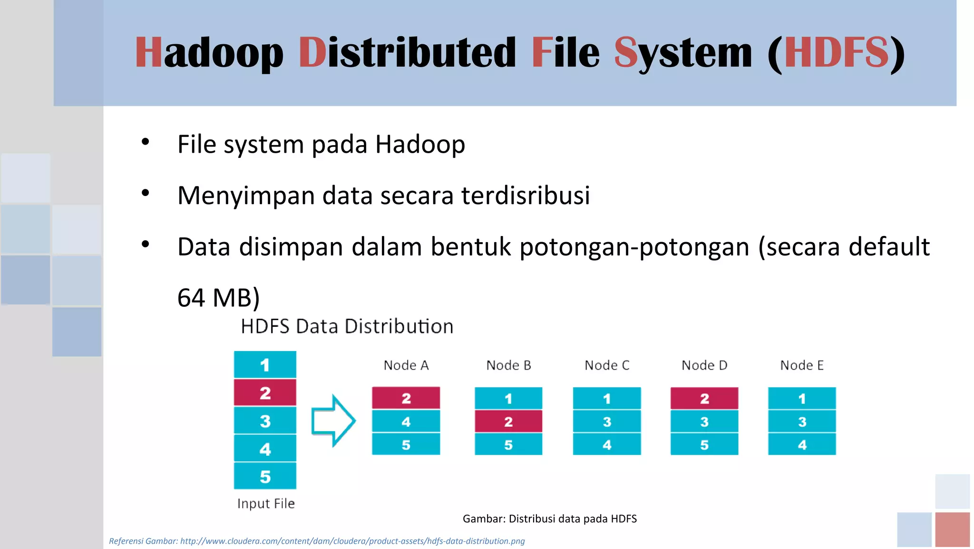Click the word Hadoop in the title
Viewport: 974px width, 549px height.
pyautogui.click(x=209, y=52)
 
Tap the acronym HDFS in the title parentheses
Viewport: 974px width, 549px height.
pyautogui.click(x=836, y=52)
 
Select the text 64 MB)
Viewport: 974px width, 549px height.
pyautogui.click(x=218, y=298)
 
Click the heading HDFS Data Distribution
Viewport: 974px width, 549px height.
pyautogui.click(x=347, y=326)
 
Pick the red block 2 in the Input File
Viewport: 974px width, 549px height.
pyautogui.click(x=265, y=393)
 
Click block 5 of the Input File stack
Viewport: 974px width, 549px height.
pyautogui.click(x=265, y=476)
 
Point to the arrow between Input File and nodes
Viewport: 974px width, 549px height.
pyautogui.click(x=333, y=421)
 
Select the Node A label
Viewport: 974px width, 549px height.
pyautogui.click(x=406, y=365)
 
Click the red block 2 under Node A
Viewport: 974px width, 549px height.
pyautogui.click(x=406, y=398)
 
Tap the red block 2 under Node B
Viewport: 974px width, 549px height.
pyautogui.click(x=508, y=422)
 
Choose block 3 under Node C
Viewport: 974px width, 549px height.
pyautogui.click(x=607, y=422)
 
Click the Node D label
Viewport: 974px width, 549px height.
pyautogui.click(x=704, y=365)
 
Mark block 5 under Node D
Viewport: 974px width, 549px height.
pyautogui.click(x=704, y=445)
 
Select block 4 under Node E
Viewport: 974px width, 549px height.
pyautogui.click(x=802, y=445)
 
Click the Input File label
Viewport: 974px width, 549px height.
pyautogui.click(x=266, y=503)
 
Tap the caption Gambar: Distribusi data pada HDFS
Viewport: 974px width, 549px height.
pyautogui.click(x=549, y=519)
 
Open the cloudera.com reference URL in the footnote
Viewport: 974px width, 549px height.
pyautogui.click(x=352, y=541)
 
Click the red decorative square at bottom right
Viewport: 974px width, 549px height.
pyautogui.click(x=952, y=529)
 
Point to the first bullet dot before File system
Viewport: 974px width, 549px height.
pyautogui.click(x=146, y=142)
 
